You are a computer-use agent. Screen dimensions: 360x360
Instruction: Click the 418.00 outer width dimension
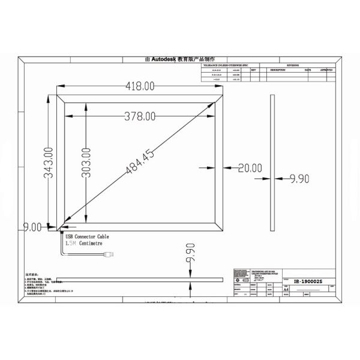pos(140,87)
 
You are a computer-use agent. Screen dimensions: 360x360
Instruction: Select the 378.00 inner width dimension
pos(140,115)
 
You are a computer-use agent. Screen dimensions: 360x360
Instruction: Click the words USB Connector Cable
pos(87,237)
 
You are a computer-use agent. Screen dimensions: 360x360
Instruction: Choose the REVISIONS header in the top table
pos(296,65)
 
